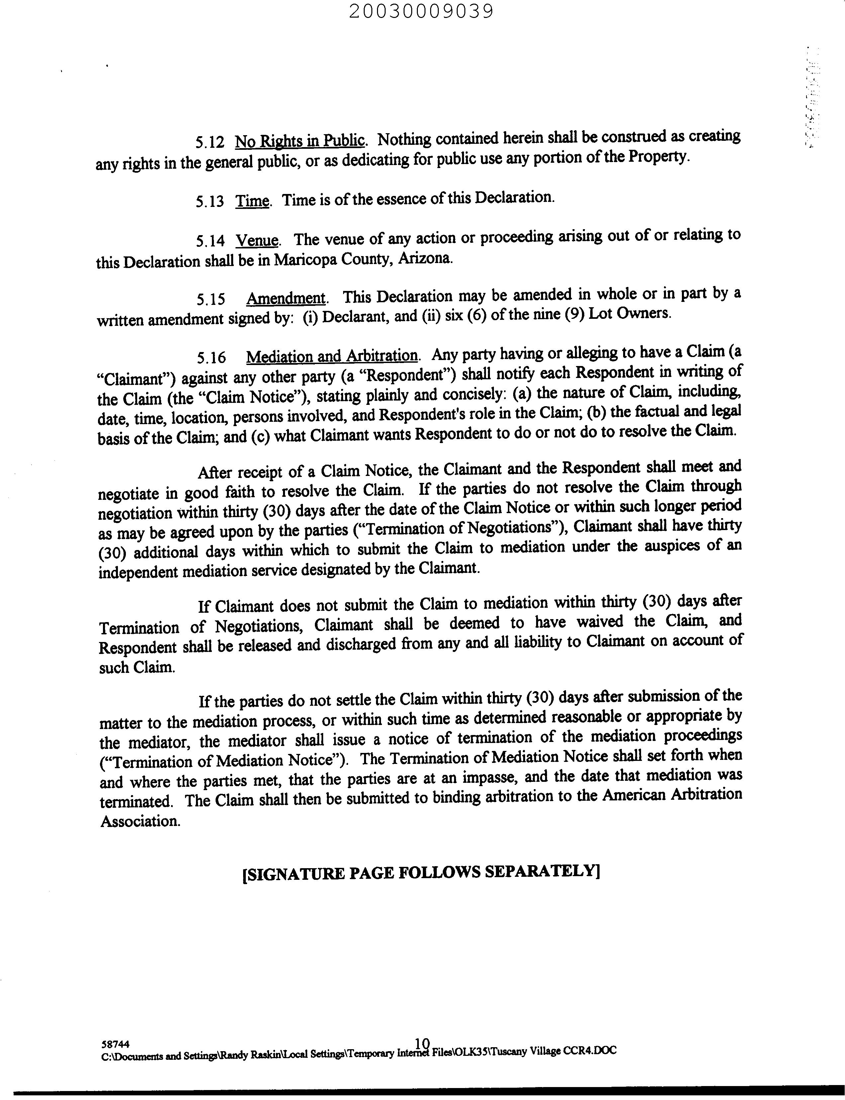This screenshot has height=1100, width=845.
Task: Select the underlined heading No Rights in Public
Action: tap(300, 141)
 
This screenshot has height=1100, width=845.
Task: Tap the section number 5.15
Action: tap(210, 300)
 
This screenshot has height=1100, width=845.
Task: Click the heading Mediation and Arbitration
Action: tap(332, 356)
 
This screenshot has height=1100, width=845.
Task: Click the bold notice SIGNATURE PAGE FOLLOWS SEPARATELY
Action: tap(422, 872)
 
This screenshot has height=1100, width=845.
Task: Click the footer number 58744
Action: tap(115, 1045)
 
